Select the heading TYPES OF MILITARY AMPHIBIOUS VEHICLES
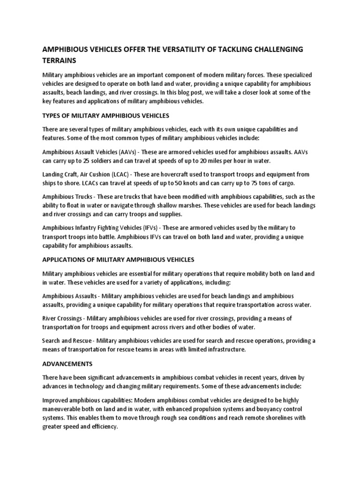coord(105,115)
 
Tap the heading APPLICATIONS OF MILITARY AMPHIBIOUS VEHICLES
coord(118,260)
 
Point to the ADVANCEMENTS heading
coord(67,363)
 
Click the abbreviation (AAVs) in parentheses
coord(127,152)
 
